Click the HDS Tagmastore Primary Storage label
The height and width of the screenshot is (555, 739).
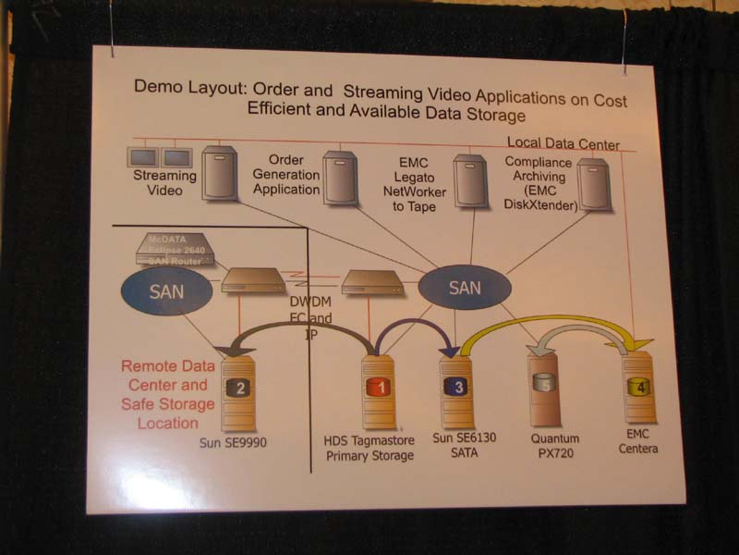370,448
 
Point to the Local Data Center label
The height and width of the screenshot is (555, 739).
563,144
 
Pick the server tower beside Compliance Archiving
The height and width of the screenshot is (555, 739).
595,182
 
